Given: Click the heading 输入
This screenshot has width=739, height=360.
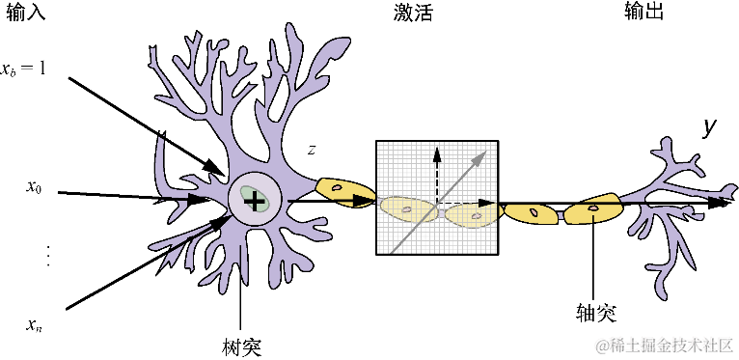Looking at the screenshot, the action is (26, 13).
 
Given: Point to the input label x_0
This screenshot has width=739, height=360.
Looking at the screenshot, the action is (34, 187).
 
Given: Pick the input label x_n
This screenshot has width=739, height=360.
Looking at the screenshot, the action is (34, 322).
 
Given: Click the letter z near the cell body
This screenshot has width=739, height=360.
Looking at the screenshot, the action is (311, 151).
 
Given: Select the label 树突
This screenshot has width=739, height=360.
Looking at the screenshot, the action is (240, 346).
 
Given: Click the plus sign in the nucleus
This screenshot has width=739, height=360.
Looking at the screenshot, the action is (253, 201).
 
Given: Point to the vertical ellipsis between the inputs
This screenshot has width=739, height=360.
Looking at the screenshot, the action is (48, 256).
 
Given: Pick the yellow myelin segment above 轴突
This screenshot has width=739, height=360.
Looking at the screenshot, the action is (592, 208).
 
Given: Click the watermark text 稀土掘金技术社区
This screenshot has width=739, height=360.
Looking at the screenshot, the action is (666, 345).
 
